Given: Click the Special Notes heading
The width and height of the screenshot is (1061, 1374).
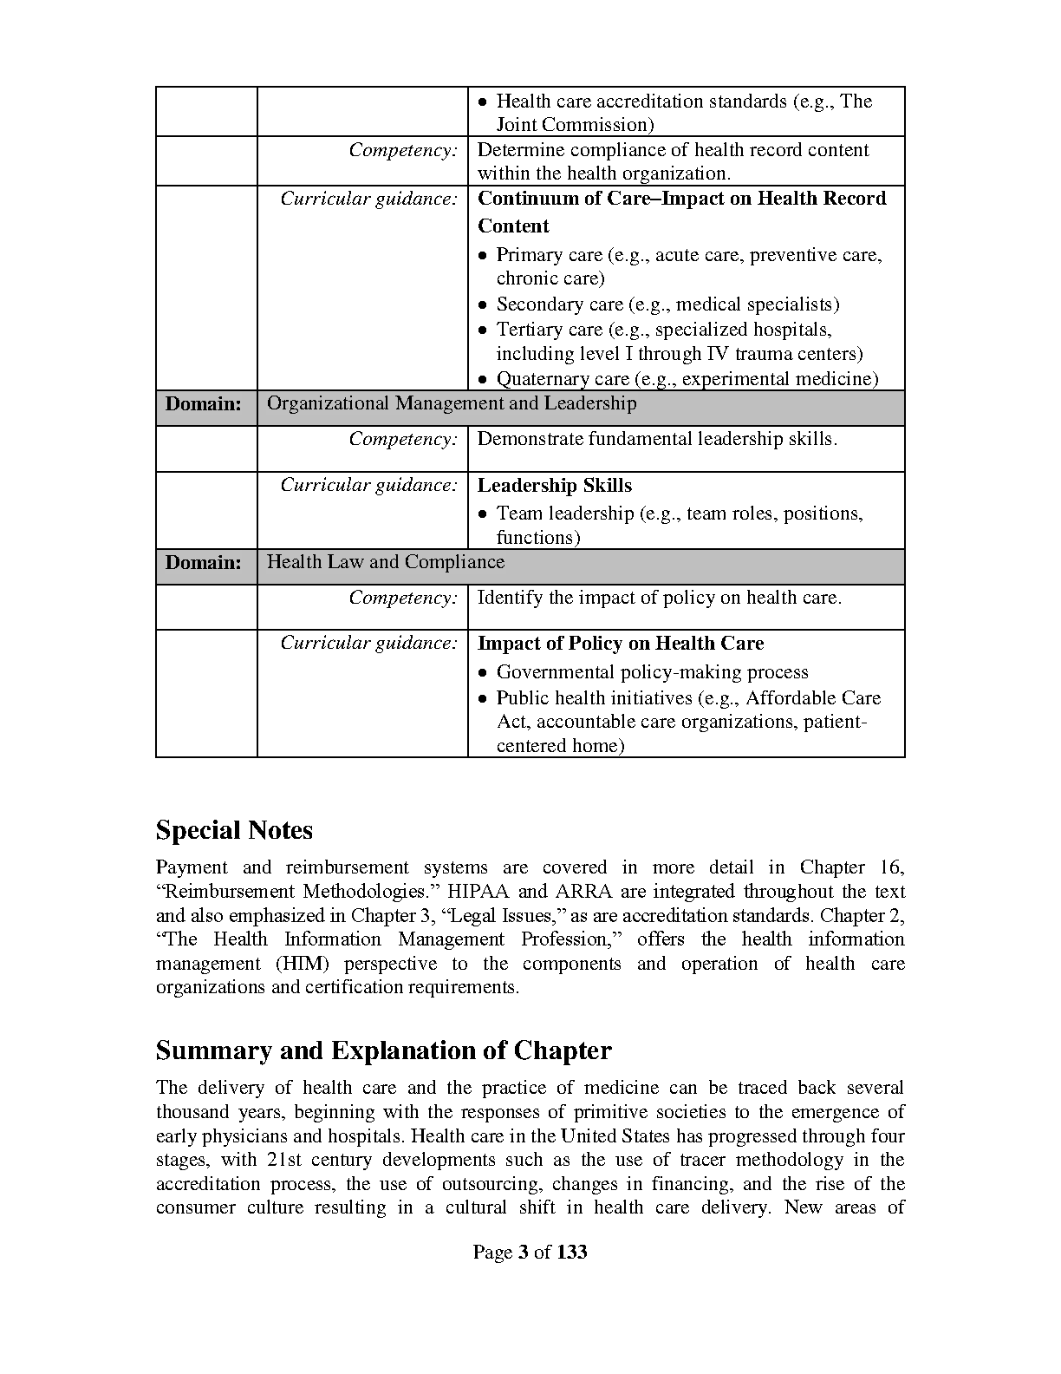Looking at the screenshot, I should (234, 831).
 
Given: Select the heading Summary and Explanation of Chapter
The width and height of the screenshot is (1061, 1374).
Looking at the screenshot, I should (383, 1051).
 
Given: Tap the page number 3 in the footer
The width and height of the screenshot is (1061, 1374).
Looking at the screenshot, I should (523, 1252).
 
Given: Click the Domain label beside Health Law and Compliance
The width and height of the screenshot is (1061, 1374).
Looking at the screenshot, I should (204, 563).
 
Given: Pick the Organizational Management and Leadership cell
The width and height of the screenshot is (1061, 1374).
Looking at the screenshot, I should (451, 404).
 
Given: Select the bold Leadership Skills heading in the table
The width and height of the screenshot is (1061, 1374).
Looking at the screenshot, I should (555, 486).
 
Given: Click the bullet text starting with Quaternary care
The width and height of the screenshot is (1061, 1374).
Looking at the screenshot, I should (687, 379).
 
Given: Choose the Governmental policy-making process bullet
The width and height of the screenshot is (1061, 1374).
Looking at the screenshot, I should (652, 672).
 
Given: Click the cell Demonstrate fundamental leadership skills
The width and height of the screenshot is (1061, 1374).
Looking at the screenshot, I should (657, 440).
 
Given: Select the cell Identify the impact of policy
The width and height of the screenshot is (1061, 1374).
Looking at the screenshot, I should (659, 598).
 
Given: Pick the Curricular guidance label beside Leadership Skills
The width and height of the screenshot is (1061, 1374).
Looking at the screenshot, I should (368, 486).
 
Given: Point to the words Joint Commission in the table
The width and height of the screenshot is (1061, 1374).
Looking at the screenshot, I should (575, 125).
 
